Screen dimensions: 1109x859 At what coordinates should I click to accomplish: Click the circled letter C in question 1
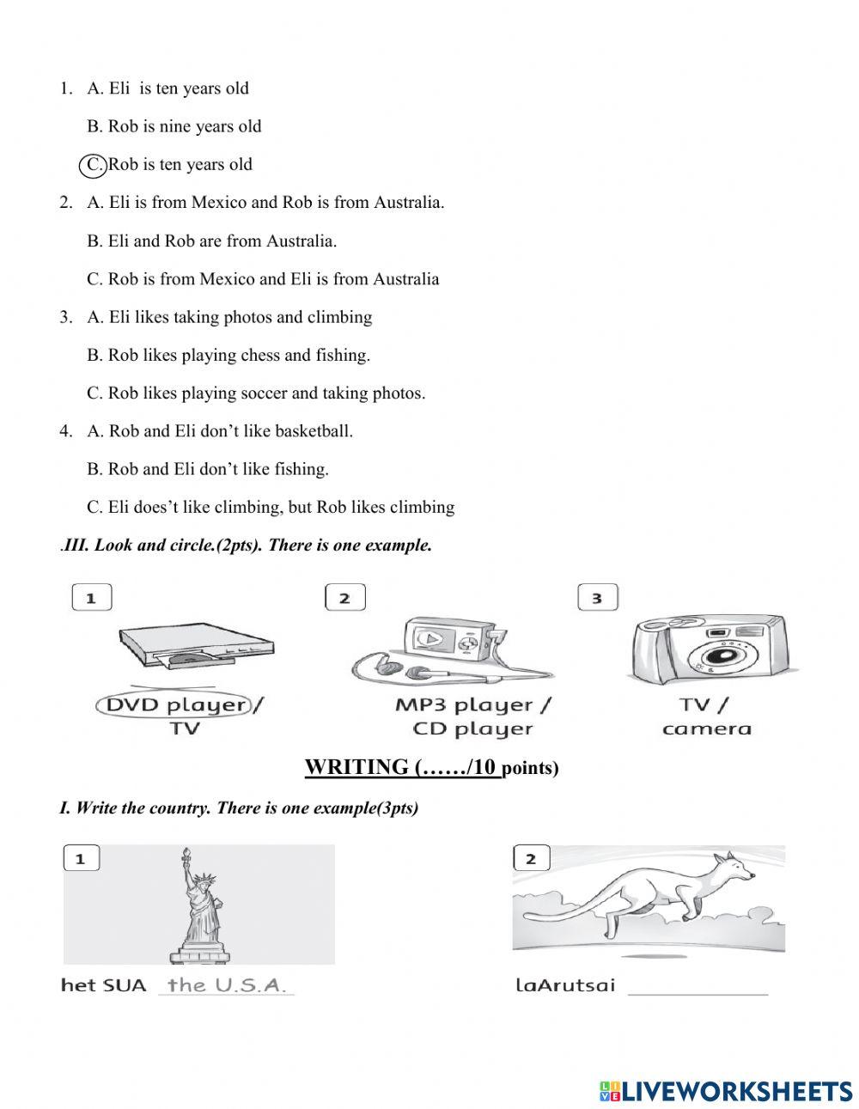92,165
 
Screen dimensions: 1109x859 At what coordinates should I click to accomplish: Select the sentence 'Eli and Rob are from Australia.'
222,241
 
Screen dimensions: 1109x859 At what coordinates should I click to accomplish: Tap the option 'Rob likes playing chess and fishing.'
239,355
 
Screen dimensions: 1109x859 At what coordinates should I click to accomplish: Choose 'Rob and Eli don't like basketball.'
230,431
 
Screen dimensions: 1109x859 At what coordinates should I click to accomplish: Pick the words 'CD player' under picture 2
472,729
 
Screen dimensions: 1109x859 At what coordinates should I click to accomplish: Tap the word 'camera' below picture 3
706,729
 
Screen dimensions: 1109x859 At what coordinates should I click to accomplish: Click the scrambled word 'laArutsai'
565,984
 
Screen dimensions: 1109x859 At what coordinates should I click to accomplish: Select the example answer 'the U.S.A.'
226,985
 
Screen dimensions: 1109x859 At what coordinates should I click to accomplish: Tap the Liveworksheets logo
726,1091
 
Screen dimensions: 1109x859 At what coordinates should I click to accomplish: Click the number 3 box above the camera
597,598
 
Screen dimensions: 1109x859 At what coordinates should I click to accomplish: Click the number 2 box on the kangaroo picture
531,858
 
